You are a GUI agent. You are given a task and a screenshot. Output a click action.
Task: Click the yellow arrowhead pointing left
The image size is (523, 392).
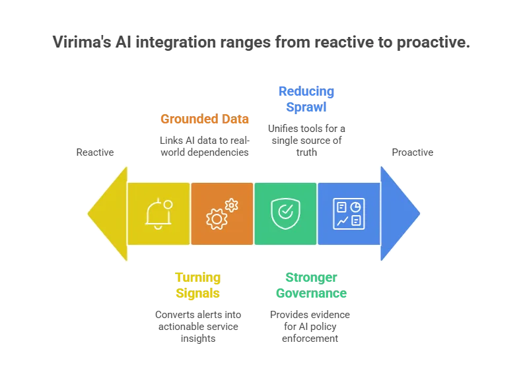click(x=107, y=213)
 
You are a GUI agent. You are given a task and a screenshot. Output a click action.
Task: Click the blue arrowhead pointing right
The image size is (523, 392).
click(x=400, y=213)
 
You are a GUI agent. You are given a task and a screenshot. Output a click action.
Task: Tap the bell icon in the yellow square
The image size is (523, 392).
click(x=157, y=214)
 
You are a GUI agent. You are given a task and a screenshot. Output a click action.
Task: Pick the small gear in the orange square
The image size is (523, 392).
click(x=231, y=205)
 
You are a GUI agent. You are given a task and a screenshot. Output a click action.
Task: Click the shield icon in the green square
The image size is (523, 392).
click(x=285, y=213)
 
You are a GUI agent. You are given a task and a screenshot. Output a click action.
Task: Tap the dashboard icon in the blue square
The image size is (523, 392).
click(x=348, y=213)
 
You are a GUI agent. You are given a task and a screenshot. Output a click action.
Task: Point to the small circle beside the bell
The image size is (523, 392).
click(x=168, y=205)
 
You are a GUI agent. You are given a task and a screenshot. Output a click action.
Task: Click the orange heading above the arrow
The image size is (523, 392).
click(x=204, y=119)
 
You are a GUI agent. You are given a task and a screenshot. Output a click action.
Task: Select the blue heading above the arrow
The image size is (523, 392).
click(x=305, y=99)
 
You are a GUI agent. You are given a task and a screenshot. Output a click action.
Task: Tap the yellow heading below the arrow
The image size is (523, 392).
click(x=197, y=285)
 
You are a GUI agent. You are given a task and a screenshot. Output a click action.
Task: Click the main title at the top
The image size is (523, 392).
click(x=260, y=42)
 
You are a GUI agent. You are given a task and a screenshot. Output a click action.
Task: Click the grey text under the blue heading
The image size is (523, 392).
click(x=305, y=139)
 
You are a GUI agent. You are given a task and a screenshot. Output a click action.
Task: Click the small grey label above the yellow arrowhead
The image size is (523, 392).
click(x=95, y=153)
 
